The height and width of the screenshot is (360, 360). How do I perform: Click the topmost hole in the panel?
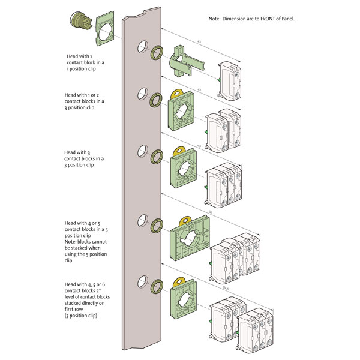click(142, 46)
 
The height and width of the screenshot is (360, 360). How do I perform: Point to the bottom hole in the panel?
click(142, 280)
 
